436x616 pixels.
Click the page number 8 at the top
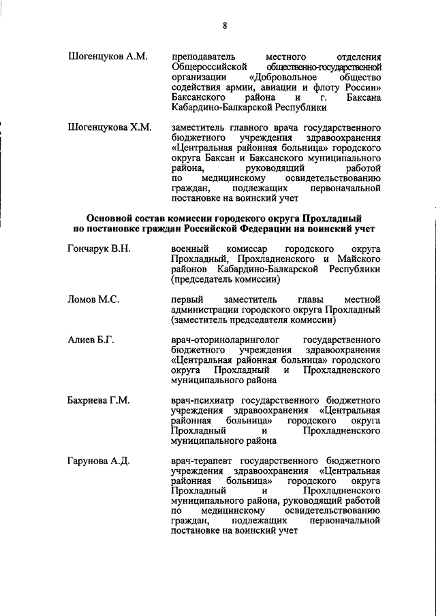[x=223, y=26]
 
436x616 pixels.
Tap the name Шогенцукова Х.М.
[x=110, y=127]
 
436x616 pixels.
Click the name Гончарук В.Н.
[x=99, y=248]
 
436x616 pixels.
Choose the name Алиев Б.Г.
[x=91, y=340]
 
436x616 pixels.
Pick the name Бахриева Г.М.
[x=99, y=400]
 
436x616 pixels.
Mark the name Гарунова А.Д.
[x=99, y=461]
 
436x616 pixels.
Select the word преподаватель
[x=204, y=56]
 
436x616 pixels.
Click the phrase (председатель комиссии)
[x=225, y=279]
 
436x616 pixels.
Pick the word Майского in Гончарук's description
[x=358, y=259]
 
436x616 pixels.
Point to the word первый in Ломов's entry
[x=186, y=299]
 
